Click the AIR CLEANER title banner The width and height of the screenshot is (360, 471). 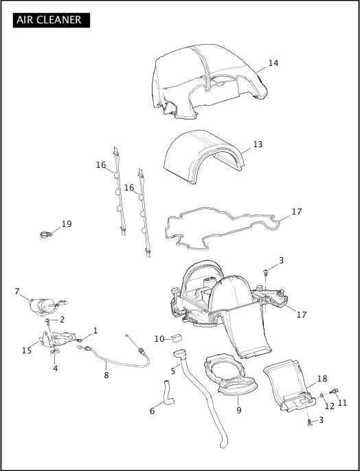point(52,20)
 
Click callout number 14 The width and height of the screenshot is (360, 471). point(273,63)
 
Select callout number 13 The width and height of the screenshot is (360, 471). point(258,144)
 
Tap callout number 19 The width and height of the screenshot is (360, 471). point(67,224)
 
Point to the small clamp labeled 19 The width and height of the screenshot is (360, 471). point(46,234)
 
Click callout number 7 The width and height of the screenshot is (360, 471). point(17,291)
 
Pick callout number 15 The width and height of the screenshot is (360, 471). point(26,350)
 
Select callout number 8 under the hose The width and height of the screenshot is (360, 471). point(106,375)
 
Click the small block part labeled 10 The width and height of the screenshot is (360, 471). point(177,338)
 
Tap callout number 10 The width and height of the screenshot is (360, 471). point(159,339)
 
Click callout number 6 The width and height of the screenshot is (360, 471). point(153,410)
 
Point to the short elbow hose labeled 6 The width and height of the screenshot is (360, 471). point(168,393)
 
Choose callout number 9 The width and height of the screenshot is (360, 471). point(238,410)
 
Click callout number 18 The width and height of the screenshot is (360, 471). point(322,378)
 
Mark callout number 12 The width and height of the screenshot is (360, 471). point(330,406)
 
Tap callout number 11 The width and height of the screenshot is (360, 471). point(342,402)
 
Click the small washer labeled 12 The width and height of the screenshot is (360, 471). point(322,395)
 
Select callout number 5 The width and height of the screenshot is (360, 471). point(173,371)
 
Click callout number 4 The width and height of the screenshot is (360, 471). point(55,369)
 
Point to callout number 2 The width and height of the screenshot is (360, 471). point(62,320)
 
